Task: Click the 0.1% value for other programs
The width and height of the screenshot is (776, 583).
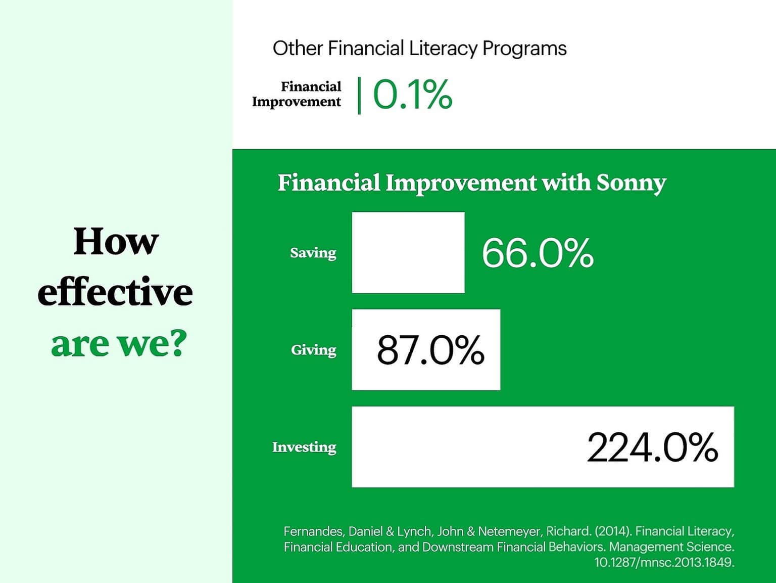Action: tap(413, 95)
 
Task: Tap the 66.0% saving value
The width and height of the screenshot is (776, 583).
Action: tap(538, 253)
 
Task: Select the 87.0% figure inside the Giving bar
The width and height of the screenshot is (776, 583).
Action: tap(430, 350)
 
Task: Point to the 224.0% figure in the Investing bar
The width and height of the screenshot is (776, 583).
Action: tap(652, 447)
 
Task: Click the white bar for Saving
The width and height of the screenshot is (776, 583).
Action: tap(408, 253)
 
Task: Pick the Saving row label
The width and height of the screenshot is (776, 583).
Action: tap(313, 253)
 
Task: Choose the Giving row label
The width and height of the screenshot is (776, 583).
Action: tap(314, 350)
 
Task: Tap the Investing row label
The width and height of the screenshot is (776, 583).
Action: tap(305, 447)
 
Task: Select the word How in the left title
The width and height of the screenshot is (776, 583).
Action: tap(116, 242)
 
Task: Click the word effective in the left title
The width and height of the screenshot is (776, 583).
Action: tap(115, 292)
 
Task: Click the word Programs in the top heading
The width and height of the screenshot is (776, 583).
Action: tap(524, 49)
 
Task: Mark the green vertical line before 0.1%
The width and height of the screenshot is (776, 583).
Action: tap(359, 96)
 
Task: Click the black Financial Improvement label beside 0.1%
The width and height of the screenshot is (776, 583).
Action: tap(296, 94)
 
